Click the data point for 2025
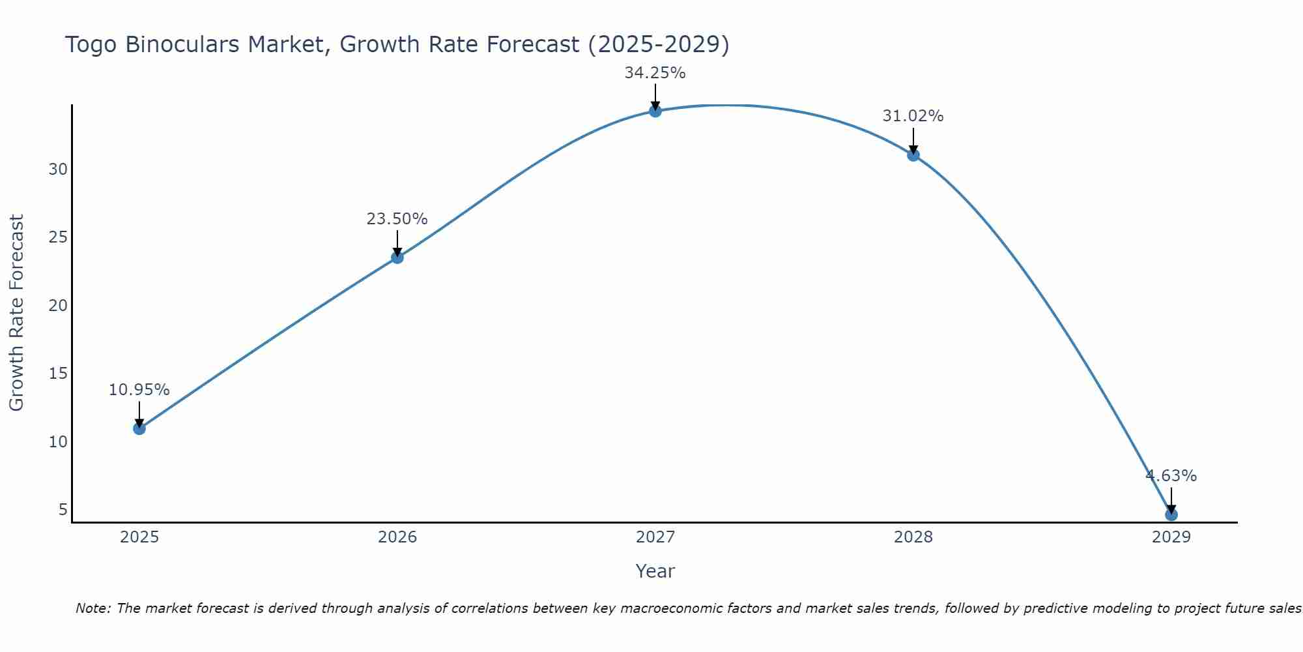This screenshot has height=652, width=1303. click(139, 428)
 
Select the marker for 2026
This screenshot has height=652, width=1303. click(397, 258)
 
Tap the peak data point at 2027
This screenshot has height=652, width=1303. click(655, 111)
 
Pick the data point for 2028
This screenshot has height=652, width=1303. click(913, 155)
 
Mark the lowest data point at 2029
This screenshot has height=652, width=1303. click(1171, 514)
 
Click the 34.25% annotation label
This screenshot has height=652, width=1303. click(655, 73)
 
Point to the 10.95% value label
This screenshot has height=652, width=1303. click(139, 390)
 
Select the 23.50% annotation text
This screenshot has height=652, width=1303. click(397, 219)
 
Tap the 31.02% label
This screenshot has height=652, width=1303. click(913, 116)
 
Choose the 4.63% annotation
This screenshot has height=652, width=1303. click(1171, 476)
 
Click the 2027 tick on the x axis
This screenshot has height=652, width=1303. click(655, 537)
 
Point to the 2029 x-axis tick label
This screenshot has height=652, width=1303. click(1171, 537)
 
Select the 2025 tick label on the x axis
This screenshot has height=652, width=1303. click(139, 537)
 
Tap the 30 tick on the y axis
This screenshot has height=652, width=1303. click(58, 170)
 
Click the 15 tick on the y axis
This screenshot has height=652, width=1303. click(58, 374)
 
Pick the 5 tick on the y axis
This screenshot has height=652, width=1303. click(63, 509)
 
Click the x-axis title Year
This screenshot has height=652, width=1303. click(655, 571)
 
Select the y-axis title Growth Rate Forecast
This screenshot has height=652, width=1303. click(17, 313)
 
